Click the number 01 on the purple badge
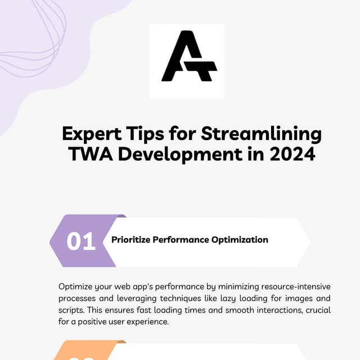point(81,241)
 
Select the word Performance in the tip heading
point(182,240)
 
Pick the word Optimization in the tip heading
point(240,240)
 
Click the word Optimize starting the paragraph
point(76,286)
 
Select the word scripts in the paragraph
point(71,310)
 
